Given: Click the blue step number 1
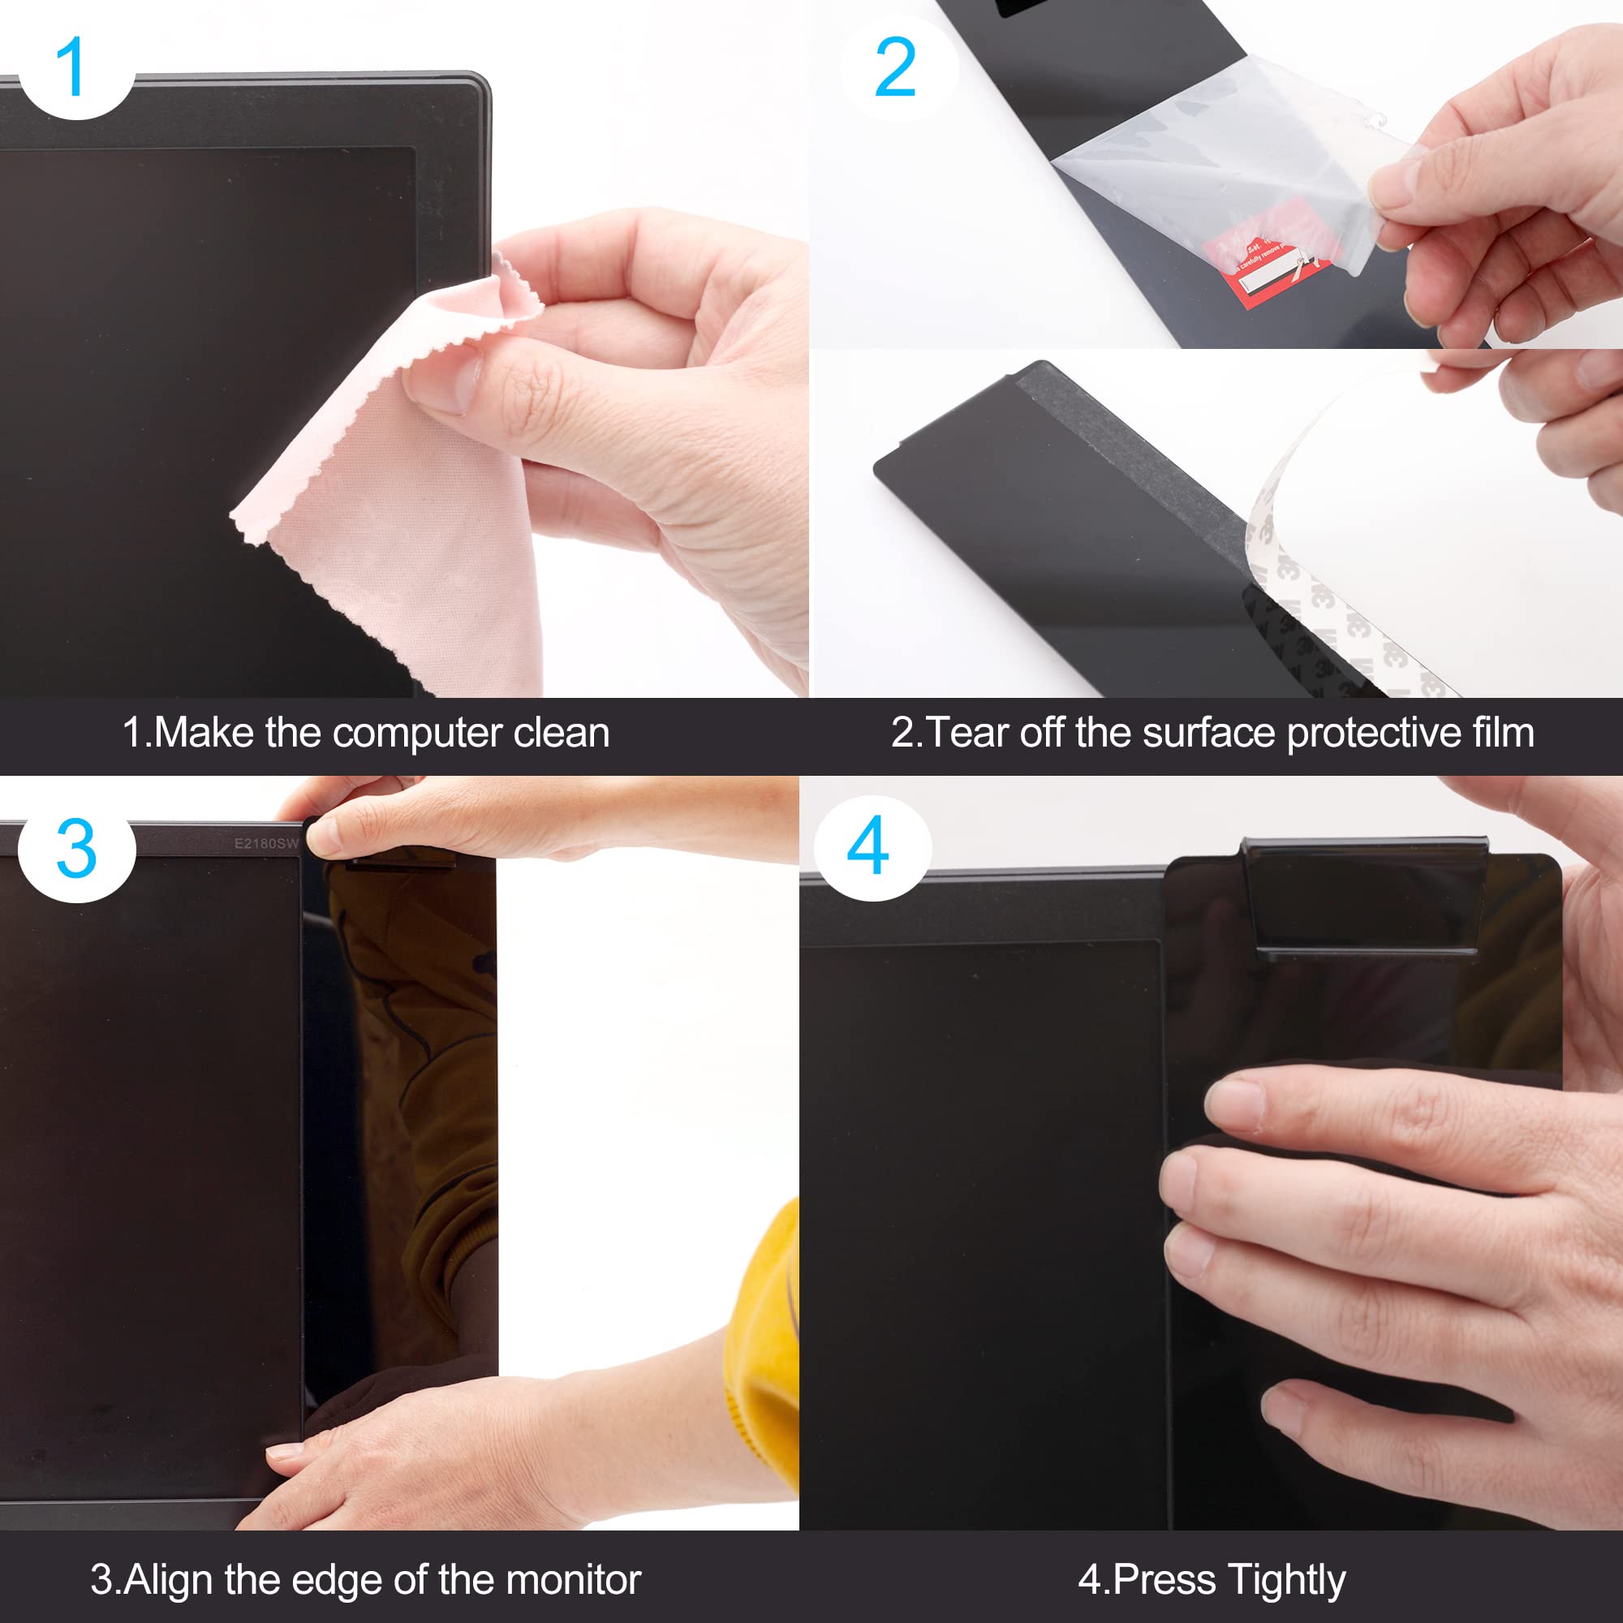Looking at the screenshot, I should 74,67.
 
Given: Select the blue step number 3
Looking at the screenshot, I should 75,850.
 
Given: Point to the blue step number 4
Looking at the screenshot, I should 867,846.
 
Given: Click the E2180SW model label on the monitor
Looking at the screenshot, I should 265,843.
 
